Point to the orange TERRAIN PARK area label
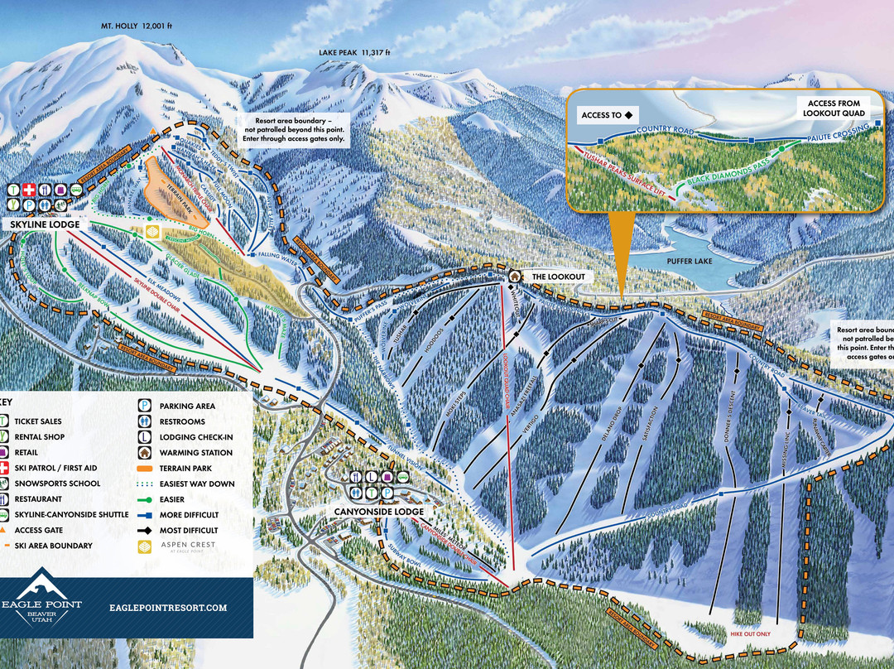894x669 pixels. click(x=185, y=188)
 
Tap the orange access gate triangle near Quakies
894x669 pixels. click(x=154, y=133)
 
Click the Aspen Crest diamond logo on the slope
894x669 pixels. click(x=152, y=232)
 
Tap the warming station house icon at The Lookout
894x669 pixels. click(x=514, y=276)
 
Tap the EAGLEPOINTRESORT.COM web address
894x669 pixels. click(x=168, y=608)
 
